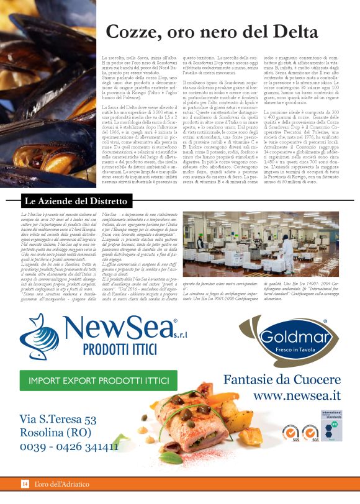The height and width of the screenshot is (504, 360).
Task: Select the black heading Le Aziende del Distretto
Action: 75,201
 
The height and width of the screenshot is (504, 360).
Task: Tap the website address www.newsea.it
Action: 297,395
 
